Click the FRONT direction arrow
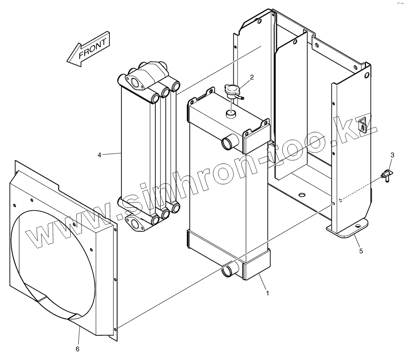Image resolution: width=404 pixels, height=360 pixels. (88, 50)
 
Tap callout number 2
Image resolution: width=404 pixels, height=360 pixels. (251, 77)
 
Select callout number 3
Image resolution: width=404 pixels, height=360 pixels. (392, 155)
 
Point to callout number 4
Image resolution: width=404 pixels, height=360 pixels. (99, 155)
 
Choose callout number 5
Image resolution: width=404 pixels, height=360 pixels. (361, 251)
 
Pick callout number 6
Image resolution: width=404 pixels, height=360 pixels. (78, 349)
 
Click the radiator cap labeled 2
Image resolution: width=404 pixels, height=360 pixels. (232, 91)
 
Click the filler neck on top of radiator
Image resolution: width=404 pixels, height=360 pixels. (230, 114)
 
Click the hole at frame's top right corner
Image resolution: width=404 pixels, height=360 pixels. (366, 75)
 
